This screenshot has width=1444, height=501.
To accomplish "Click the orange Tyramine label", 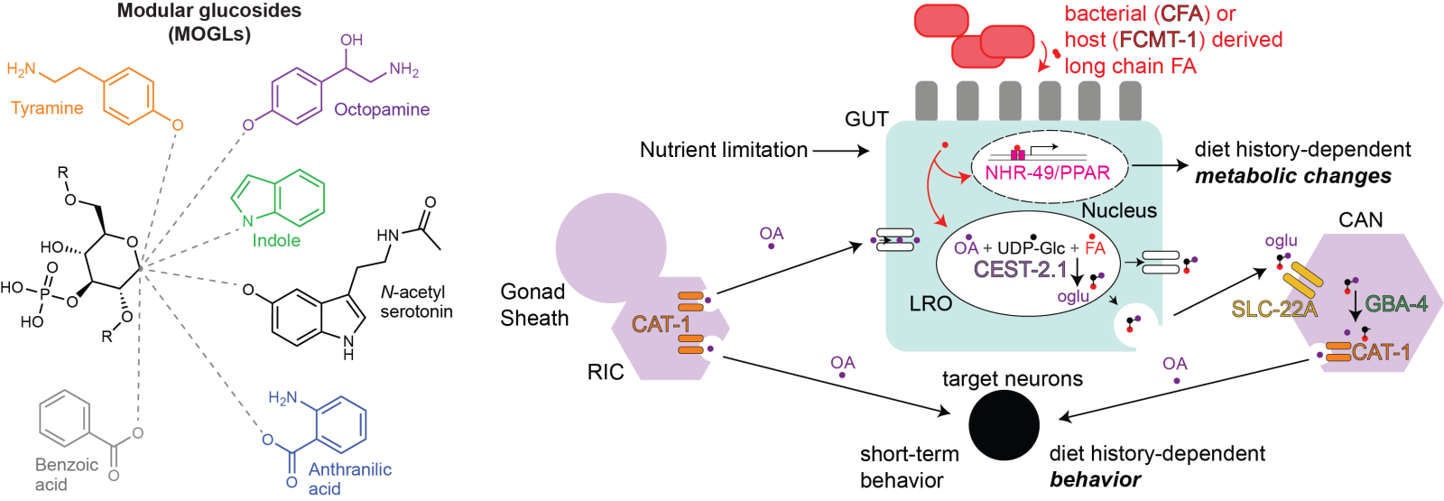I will (x=47, y=108).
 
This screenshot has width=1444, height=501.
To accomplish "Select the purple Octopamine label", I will (x=382, y=109).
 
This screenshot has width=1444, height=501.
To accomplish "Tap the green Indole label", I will (x=275, y=240).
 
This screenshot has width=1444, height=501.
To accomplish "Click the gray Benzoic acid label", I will (x=66, y=475).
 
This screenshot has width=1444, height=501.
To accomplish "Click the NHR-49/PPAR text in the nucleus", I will (x=1047, y=172).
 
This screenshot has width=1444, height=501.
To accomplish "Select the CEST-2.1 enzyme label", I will (x=1020, y=269).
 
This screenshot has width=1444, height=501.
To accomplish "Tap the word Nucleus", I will (x=1118, y=210).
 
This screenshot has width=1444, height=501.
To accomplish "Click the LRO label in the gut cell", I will (x=930, y=304).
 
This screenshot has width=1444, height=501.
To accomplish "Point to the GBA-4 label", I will (x=1396, y=304).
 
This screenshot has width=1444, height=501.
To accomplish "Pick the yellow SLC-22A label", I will (x=1274, y=310).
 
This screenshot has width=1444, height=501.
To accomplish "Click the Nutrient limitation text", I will (x=724, y=150).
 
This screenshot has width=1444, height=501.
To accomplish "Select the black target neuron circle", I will (x=1004, y=423).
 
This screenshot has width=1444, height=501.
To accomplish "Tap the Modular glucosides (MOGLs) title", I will (x=208, y=23).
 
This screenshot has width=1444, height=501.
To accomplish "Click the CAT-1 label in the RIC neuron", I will (x=661, y=323).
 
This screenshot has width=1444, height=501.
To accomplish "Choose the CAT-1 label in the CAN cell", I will (x=1381, y=353).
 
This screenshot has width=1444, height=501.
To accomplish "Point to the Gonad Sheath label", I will (x=534, y=305).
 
